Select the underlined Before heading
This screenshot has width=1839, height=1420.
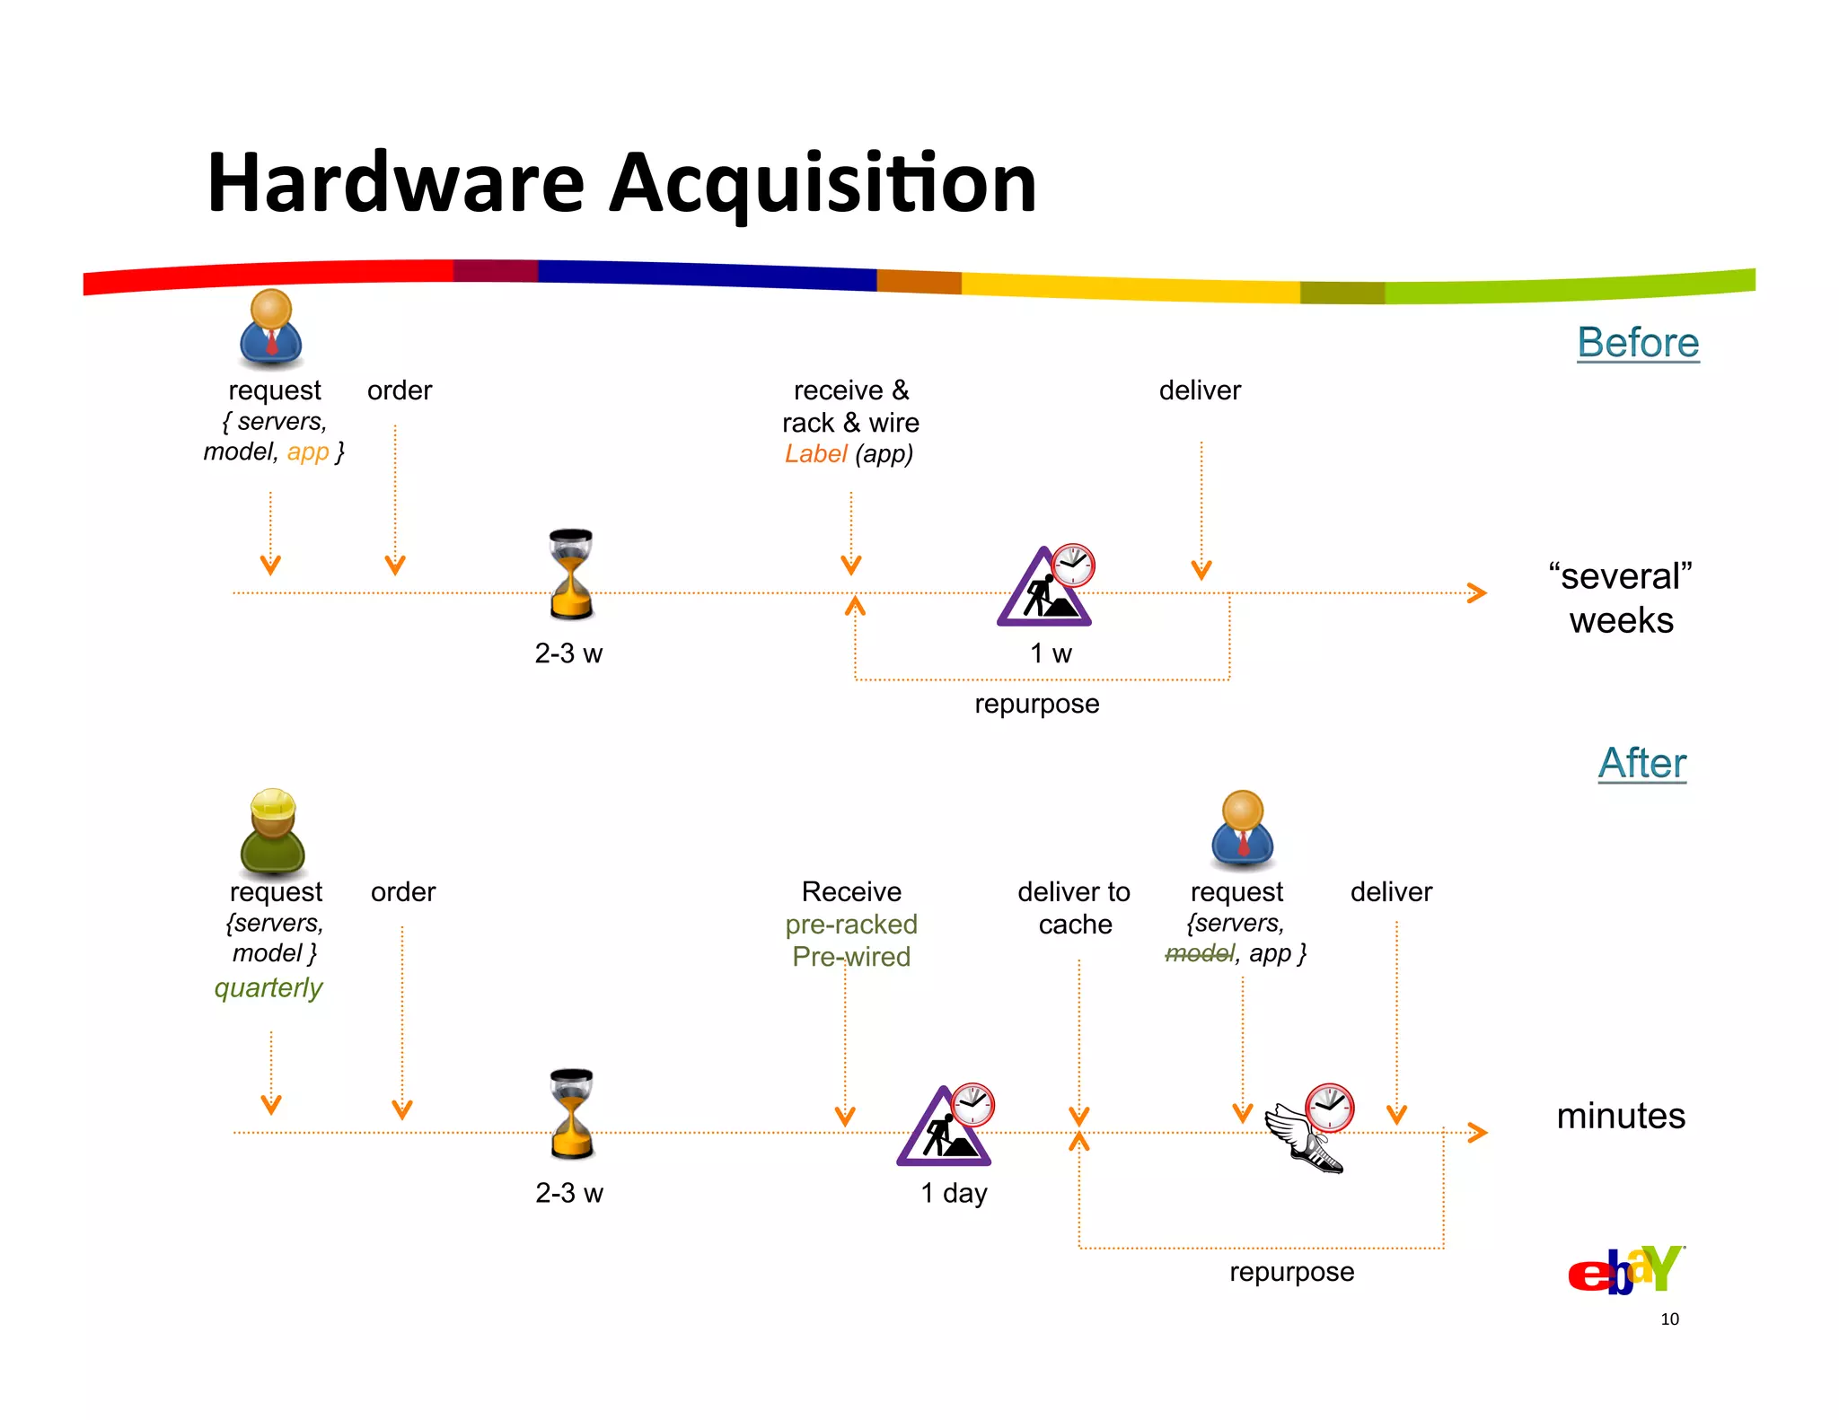click(1637, 343)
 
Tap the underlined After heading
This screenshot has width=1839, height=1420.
click(1641, 764)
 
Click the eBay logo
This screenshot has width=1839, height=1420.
click(1624, 1270)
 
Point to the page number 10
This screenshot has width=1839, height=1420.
click(1668, 1319)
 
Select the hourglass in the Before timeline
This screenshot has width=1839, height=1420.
click(571, 574)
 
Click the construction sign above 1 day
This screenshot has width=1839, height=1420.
click(943, 1128)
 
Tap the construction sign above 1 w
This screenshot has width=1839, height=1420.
click(1043, 588)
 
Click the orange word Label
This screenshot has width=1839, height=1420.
click(815, 454)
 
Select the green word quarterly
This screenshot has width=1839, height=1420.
click(268, 988)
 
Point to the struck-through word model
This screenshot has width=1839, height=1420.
click(1199, 953)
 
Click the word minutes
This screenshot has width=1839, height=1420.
click(1620, 1117)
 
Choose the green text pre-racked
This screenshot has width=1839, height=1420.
click(850, 925)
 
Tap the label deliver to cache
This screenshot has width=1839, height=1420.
click(1074, 907)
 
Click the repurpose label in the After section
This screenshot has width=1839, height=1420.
click(1291, 1272)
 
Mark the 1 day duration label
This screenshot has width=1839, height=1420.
click(954, 1193)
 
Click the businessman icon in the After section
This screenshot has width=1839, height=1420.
click(1242, 829)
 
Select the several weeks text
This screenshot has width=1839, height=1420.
click(1620, 598)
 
